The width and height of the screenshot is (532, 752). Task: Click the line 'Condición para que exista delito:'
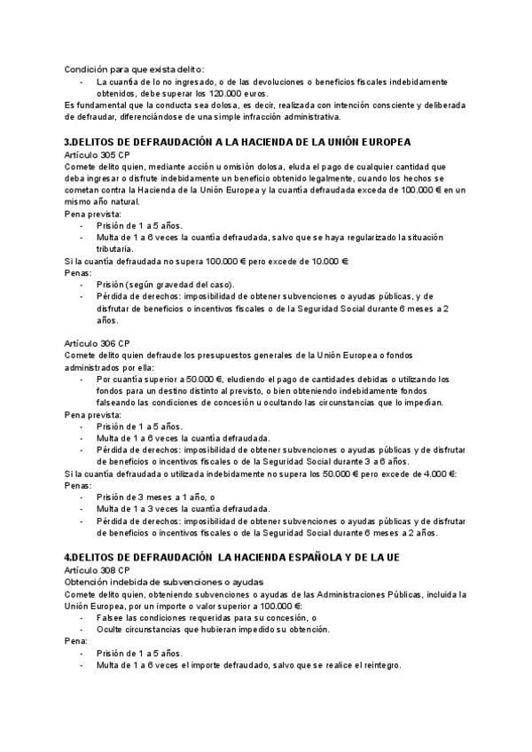coord(134,68)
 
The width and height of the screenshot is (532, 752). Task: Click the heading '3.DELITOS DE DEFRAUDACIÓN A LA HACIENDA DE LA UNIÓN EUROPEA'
coord(238,142)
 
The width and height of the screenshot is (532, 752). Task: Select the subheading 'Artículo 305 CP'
coord(98,154)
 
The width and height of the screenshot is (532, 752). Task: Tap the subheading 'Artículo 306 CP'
coord(98,342)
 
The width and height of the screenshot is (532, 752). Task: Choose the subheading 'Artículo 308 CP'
coord(98,568)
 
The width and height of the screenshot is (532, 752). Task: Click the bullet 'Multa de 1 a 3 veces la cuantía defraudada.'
coord(184,509)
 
